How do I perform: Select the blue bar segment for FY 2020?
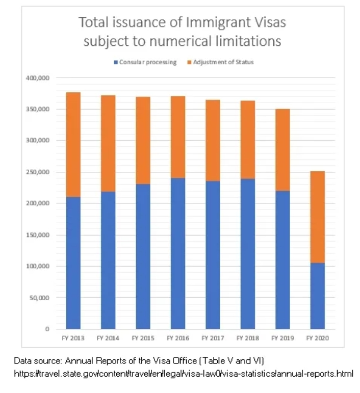(x=317, y=296)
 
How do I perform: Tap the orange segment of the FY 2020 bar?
(x=317, y=217)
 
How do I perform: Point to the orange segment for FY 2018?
(x=247, y=140)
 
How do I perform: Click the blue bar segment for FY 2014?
(x=108, y=260)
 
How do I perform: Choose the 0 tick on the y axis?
(x=46, y=329)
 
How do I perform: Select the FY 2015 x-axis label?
(x=143, y=338)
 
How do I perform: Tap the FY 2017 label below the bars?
(x=213, y=338)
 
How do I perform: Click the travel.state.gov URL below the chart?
(x=184, y=373)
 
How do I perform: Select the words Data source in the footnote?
(x=33, y=360)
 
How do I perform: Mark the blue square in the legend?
(x=116, y=62)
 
